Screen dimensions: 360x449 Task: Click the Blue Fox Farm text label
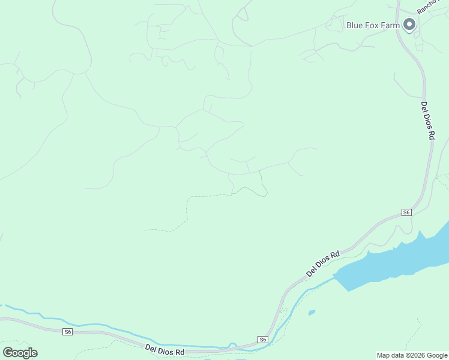373,25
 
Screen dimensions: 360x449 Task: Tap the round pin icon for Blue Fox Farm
410,25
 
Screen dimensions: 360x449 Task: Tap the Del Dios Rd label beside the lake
323,263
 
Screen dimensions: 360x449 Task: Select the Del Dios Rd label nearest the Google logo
164,350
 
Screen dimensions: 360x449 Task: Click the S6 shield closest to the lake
406,212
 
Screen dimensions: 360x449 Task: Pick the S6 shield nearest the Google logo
68,331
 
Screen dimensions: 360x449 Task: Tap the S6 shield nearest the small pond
263,340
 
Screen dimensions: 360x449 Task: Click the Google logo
20,353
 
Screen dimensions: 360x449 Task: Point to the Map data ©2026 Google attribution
411,355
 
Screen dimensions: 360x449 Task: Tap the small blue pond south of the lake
312,312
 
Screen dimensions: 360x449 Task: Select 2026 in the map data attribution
414,355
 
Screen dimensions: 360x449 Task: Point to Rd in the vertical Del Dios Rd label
431,135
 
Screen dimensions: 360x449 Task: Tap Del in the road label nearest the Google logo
151,347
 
